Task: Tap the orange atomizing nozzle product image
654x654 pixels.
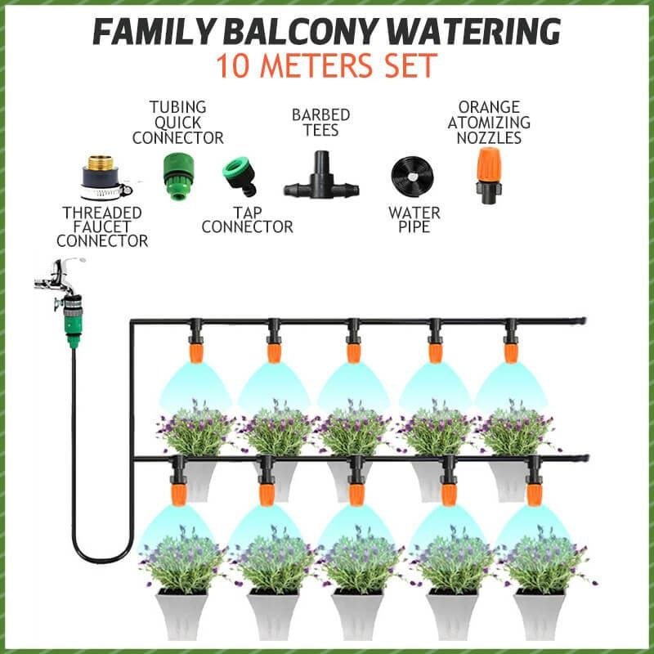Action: coord(488,173)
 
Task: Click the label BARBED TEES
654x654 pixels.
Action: coord(320,123)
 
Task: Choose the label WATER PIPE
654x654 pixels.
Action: coord(414,220)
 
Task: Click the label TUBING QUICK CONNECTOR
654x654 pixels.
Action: coord(177,123)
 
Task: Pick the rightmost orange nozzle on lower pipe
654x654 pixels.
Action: coord(535,493)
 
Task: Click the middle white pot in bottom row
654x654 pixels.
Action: coord(358,613)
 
